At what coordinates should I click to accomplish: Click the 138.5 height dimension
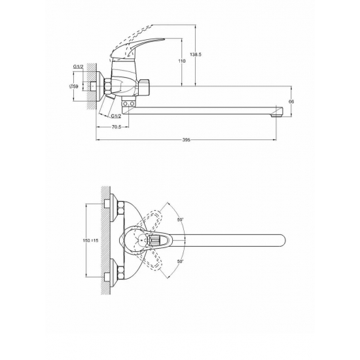click(196, 54)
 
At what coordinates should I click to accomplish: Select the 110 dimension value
click(181, 61)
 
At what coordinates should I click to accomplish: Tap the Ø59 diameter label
click(74, 86)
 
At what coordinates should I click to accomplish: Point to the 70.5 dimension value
click(117, 127)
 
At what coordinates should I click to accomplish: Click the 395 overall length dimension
click(186, 139)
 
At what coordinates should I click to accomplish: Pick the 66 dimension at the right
click(291, 101)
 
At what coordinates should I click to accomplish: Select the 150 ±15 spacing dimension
click(90, 240)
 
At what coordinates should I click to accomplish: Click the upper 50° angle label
click(181, 220)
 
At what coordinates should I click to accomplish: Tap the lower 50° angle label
click(181, 261)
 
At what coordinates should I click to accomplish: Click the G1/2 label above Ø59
click(79, 67)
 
